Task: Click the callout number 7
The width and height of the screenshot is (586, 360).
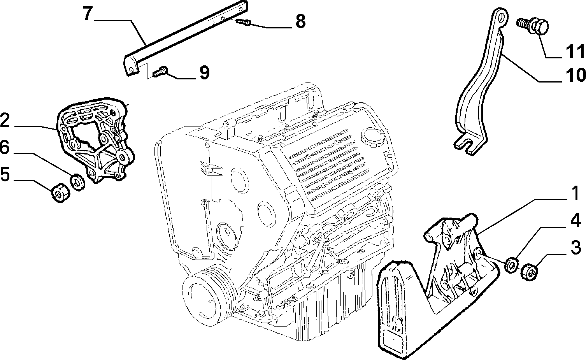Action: [88, 13]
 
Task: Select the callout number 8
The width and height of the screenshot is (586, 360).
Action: [300, 21]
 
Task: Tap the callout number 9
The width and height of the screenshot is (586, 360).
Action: [204, 72]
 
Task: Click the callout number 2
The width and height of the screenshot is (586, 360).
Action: [5, 120]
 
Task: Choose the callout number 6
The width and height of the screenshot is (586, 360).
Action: [5, 147]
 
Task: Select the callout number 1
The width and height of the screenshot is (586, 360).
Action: [574, 193]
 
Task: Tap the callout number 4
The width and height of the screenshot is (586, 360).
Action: [575, 220]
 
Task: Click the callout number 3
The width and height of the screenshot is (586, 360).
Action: [576, 247]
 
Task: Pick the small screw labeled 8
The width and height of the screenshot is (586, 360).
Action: [244, 22]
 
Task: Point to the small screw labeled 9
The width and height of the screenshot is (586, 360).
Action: [160, 72]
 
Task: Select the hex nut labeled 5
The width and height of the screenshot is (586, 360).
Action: [61, 193]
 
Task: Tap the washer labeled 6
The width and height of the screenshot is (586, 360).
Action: [78, 181]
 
